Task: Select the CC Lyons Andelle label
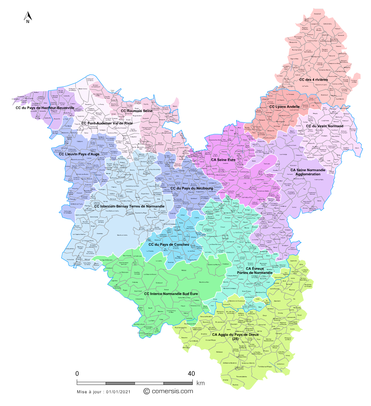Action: [284, 106]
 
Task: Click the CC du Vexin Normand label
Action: [325, 126]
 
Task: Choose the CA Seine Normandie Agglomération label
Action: [308, 172]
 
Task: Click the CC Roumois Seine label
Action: [136, 111]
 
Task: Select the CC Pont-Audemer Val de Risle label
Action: [107, 123]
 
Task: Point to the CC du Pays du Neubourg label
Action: [191, 188]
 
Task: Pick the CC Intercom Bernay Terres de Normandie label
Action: [129, 206]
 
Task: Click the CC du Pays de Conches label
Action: [169, 245]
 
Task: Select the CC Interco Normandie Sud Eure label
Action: [171, 293]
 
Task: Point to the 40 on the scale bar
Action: [191, 373]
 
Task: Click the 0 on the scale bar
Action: [77, 373]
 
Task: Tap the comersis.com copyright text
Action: [168, 391]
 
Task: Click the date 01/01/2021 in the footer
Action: [119, 391]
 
